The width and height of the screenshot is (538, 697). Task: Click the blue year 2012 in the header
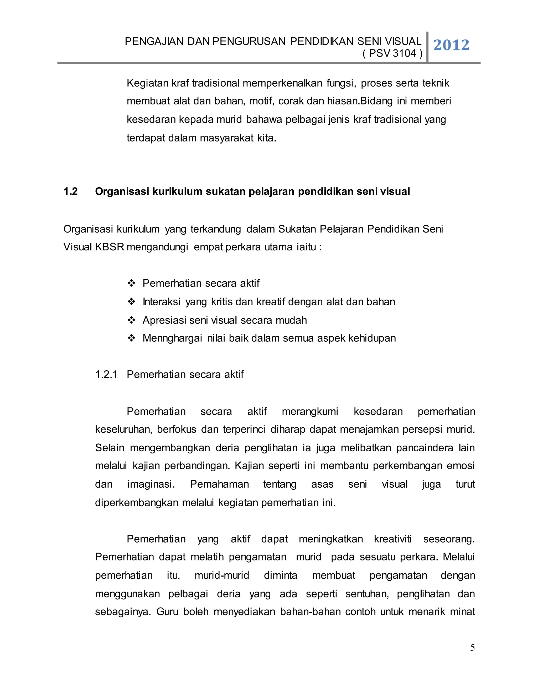click(451, 45)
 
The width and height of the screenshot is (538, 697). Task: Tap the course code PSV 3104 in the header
click(392, 53)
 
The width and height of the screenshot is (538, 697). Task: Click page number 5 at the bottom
click(472, 648)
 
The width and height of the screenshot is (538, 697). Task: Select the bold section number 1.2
click(70, 191)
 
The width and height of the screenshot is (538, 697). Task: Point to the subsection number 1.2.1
click(106, 374)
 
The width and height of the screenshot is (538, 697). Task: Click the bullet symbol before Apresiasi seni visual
click(131, 320)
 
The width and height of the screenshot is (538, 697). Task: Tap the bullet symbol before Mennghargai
click(131, 338)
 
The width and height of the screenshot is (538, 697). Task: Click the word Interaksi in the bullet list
click(161, 302)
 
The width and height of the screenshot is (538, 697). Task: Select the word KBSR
click(109, 247)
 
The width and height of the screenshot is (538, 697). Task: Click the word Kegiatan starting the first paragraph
click(147, 83)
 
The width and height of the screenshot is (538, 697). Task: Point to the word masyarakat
click(227, 138)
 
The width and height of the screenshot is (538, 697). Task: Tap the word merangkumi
click(310, 411)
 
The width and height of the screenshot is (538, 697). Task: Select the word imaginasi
click(151, 484)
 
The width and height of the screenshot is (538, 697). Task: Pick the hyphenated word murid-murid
click(222, 575)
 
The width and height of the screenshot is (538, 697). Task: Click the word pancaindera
click(425, 448)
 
